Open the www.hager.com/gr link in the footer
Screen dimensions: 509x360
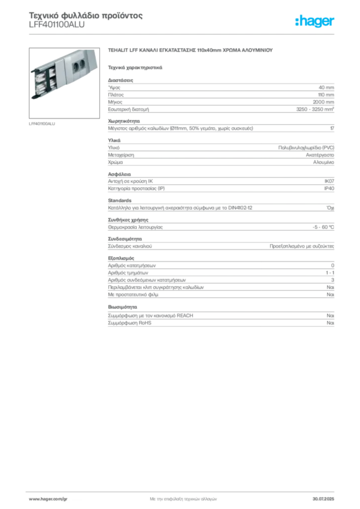55,499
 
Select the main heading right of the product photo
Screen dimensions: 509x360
191,51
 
